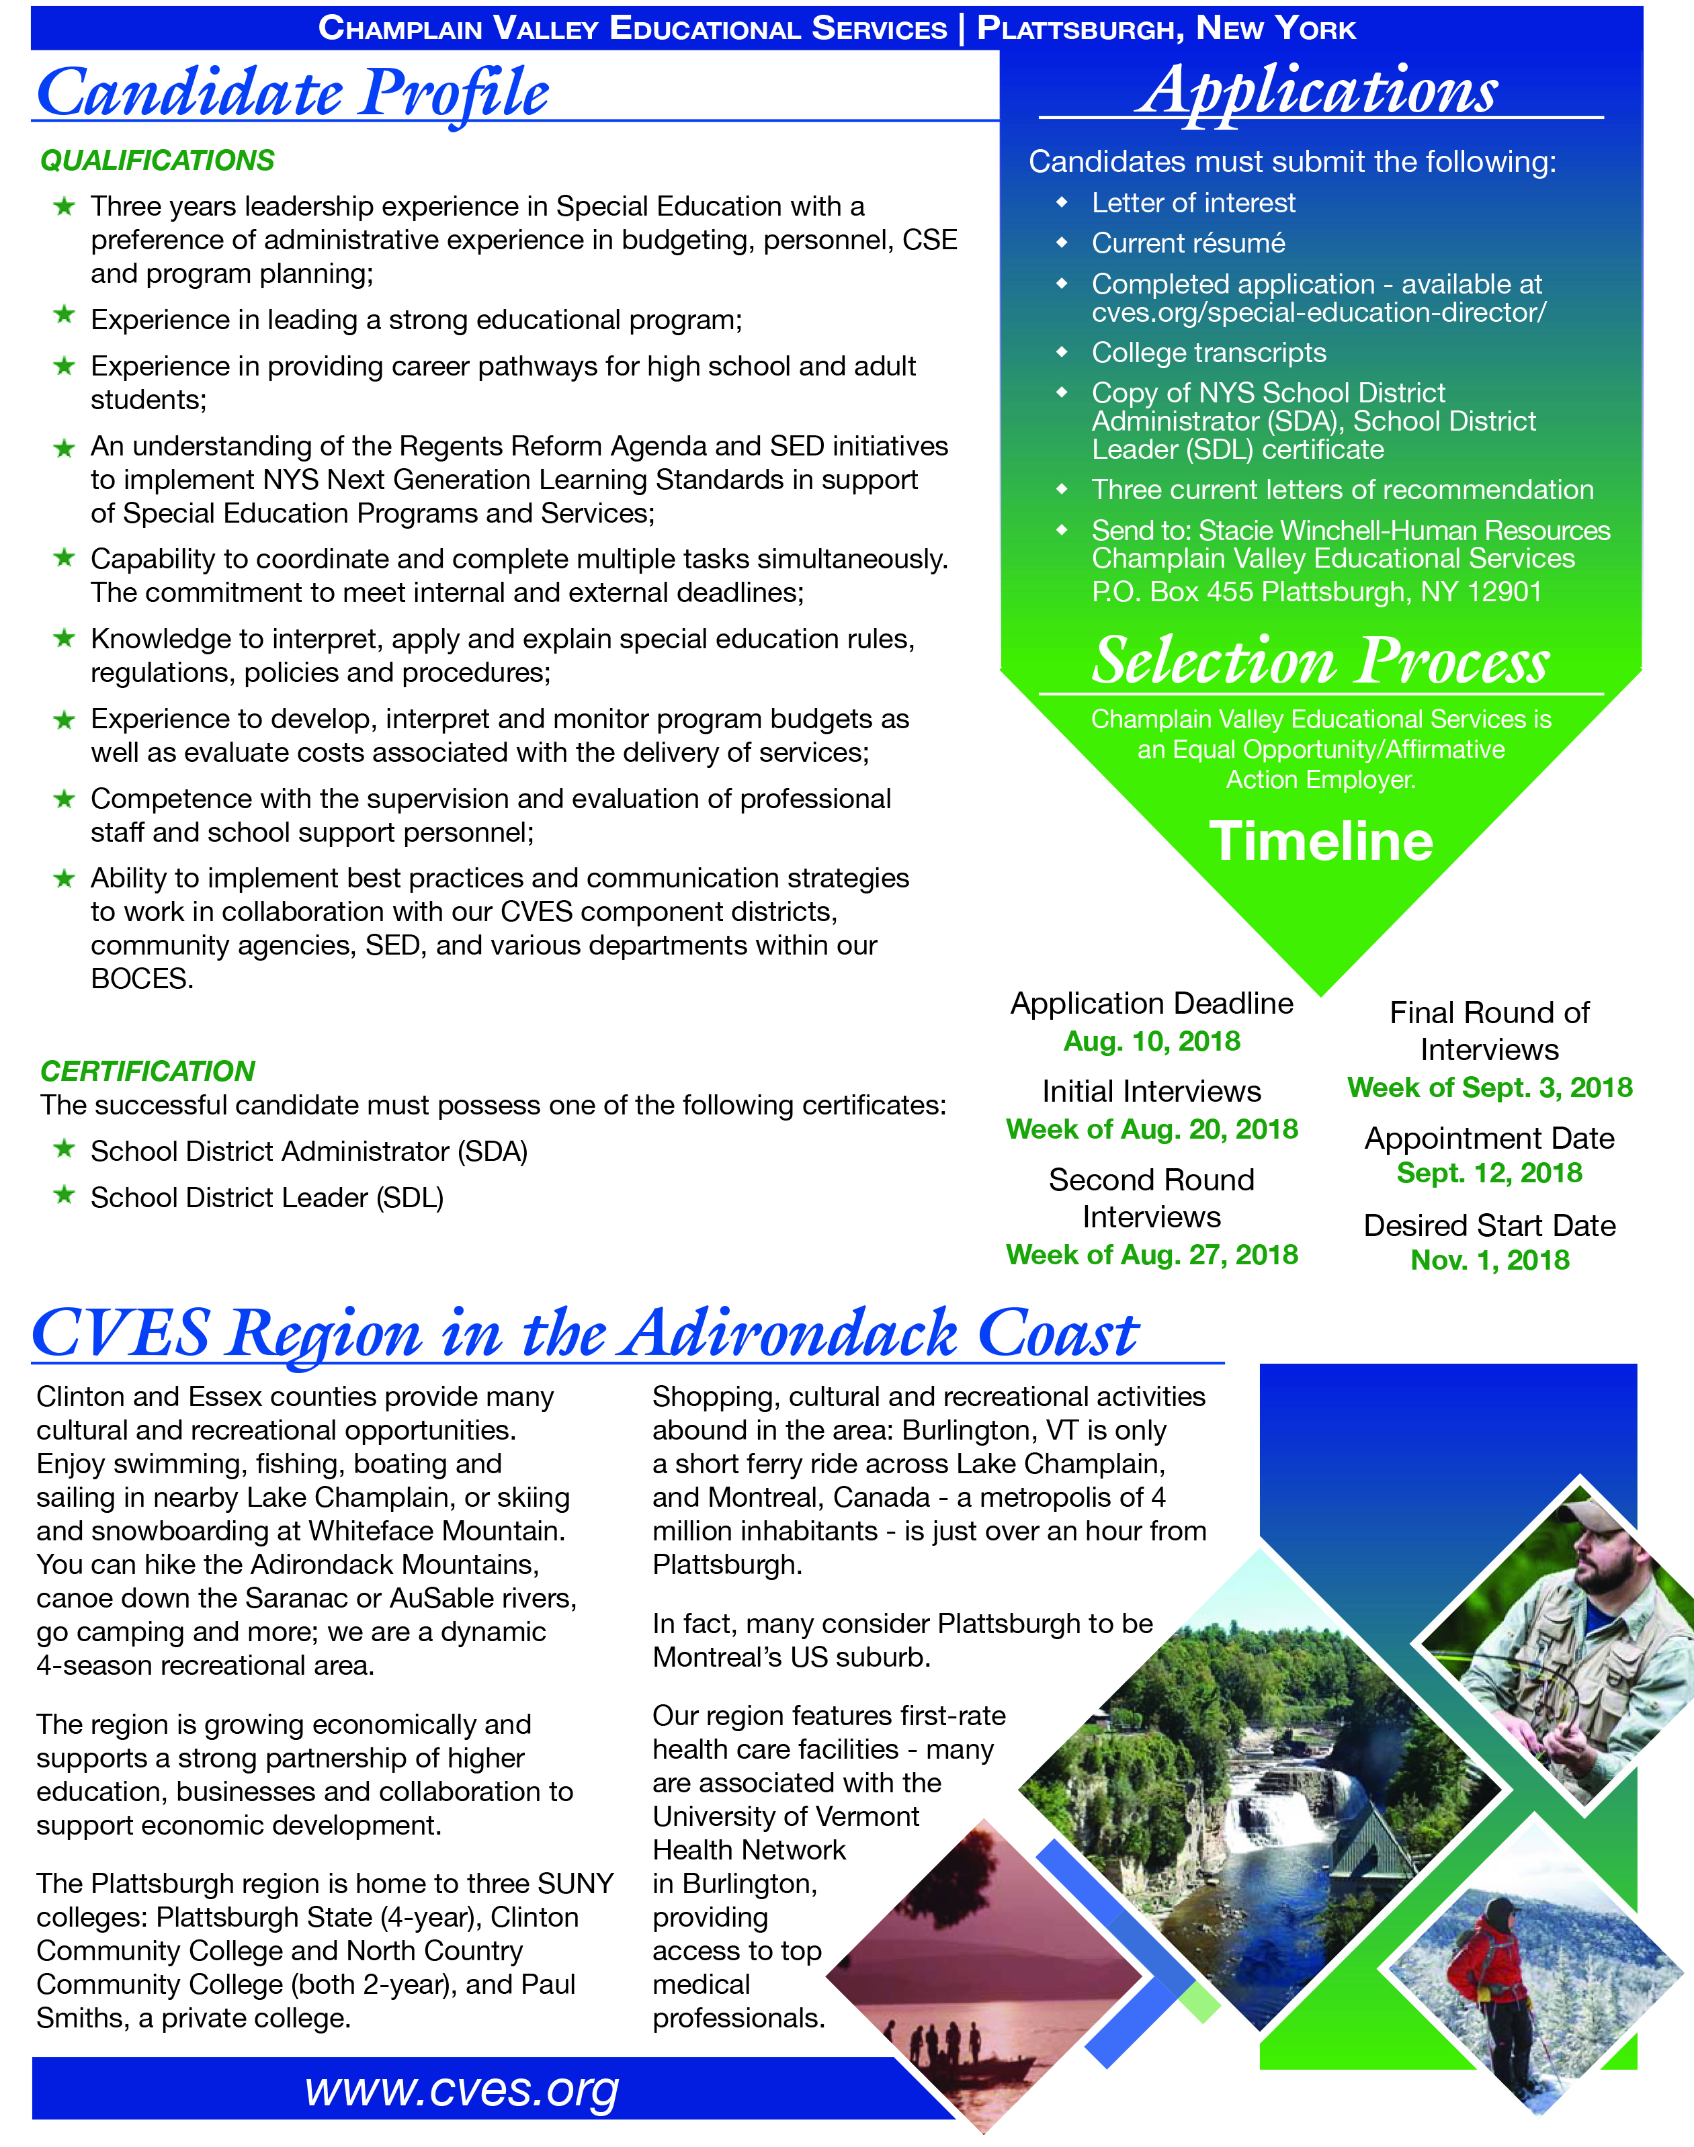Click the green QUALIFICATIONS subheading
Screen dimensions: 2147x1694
[157, 161]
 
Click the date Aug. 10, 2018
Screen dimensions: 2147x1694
[1152, 1041]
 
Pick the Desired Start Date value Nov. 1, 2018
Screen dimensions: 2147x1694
[1490, 1260]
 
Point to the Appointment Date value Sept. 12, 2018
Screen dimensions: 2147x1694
[1490, 1173]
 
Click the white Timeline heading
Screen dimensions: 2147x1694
[1321, 841]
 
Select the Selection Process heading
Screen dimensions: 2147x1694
[1320, 660]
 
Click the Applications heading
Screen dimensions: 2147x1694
[1317, 91]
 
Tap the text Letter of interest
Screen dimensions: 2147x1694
[1193, 204]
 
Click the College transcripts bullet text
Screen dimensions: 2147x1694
[1208, 353]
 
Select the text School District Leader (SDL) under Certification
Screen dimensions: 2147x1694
[267, 1198]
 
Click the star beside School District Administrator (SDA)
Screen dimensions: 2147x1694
[65, 1149]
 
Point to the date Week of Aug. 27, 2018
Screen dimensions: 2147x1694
[1152, 1256]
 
